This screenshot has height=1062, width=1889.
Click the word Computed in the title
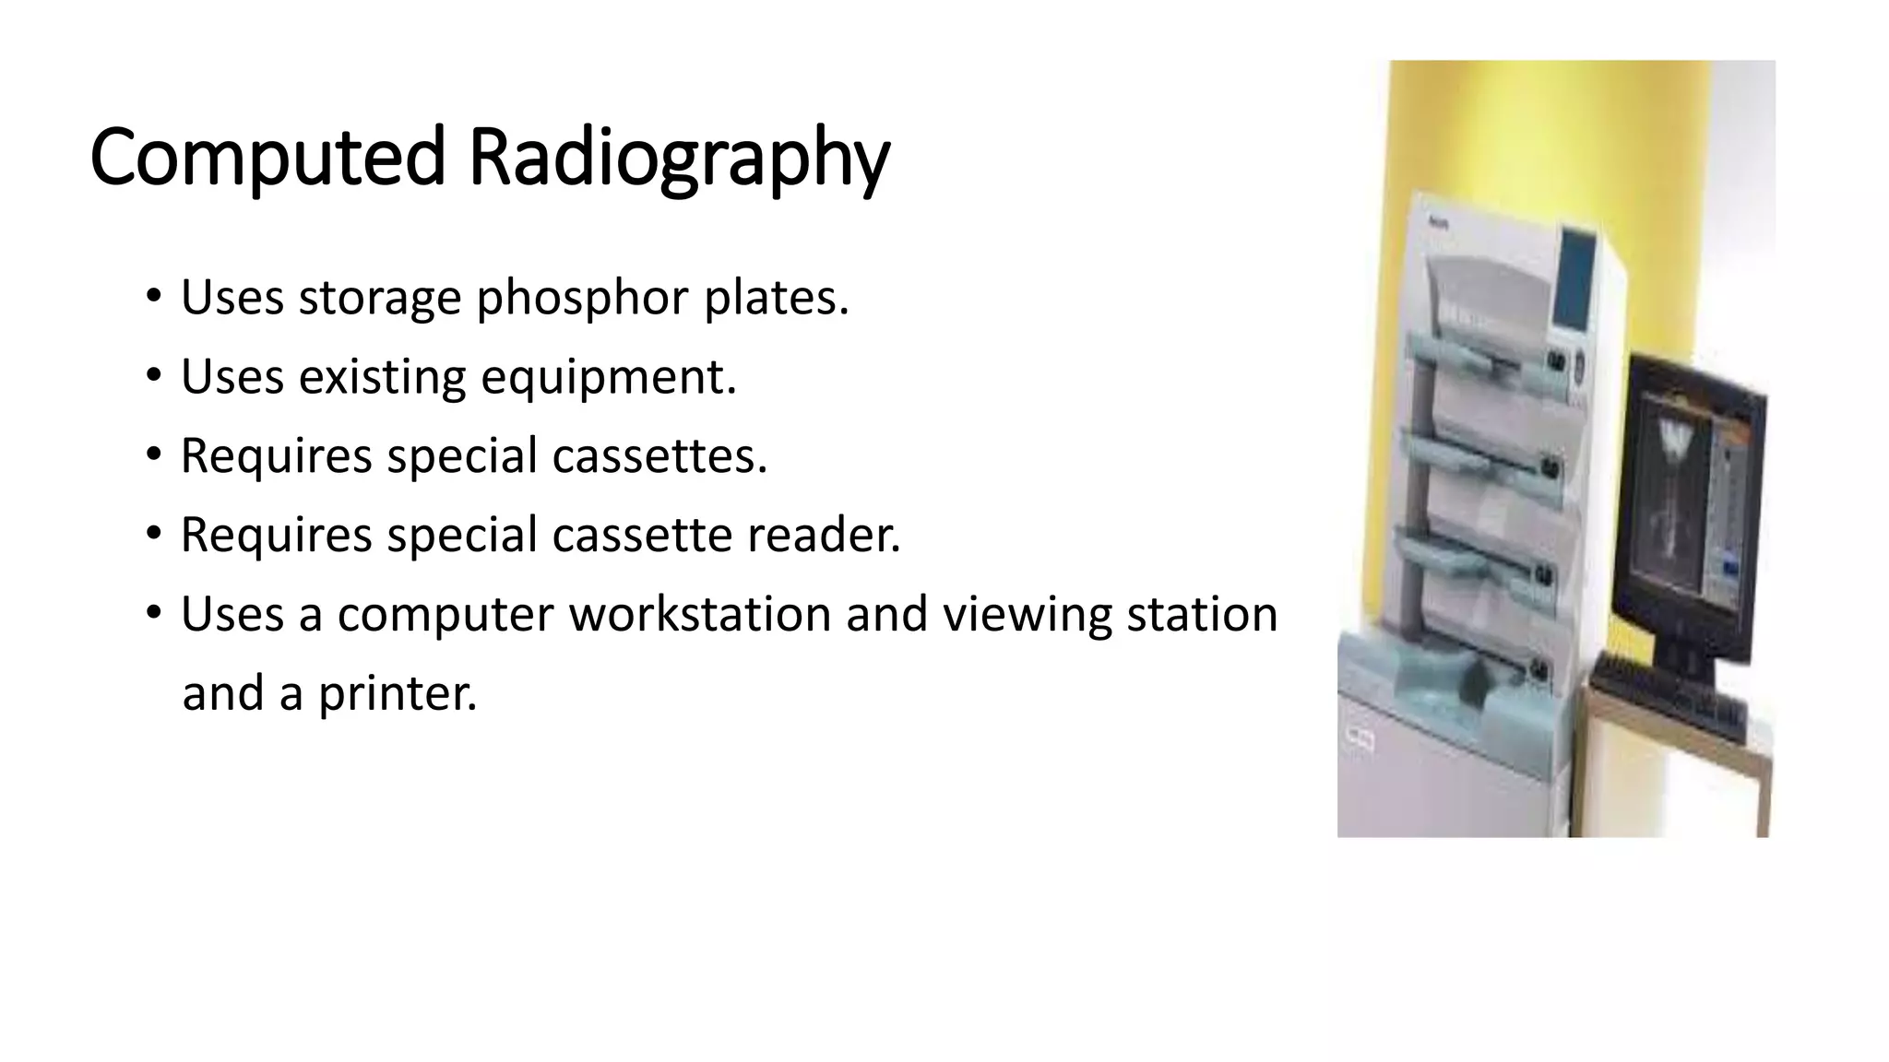(x=267, y=157)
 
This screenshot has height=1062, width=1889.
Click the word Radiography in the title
(x=679, y=159)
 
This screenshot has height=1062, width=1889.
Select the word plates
(x=776, y=298)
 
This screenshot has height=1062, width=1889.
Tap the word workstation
(x=700, y=614)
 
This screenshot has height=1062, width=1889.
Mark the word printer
(x=398, y=694)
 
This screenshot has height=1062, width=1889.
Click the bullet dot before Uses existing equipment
(x=153, y=376)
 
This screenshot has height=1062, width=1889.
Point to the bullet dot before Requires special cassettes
(x=153, y=455)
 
